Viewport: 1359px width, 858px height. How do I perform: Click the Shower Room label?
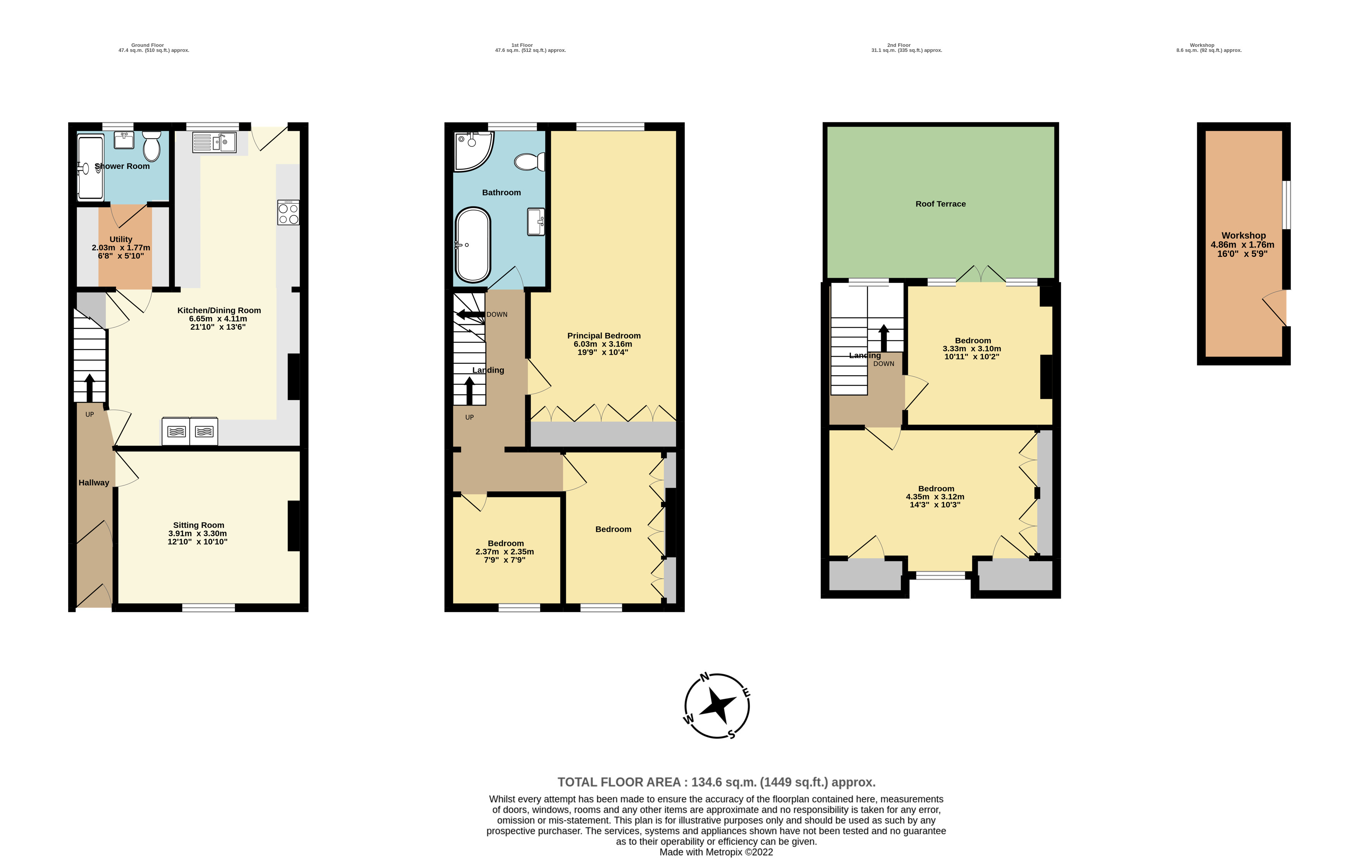[122, 166]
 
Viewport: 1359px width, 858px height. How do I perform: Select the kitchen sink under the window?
[214, 142]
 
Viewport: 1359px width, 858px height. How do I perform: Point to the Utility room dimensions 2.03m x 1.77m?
[121, 248]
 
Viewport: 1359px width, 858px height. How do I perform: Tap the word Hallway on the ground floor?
[94, 483]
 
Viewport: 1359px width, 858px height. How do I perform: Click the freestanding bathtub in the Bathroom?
[472, 245]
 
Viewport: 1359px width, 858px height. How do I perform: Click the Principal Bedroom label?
[603, 335]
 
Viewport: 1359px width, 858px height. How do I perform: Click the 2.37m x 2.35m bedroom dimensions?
[505, 552]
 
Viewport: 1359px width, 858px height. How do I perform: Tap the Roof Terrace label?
[940, 204]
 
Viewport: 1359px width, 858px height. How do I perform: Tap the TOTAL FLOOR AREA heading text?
[716, 782]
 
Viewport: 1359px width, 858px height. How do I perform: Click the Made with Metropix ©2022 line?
[716, 852]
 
